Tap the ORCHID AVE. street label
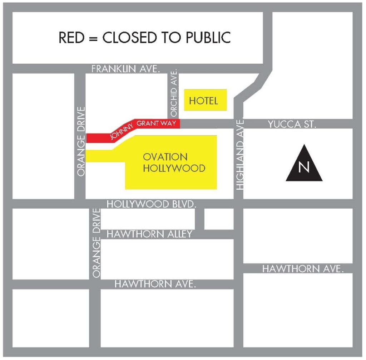click(x=174, y=94)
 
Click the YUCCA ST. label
click(x=292, y=125)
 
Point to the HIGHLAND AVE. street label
click(x=240, y=154)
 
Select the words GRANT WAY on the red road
click(x=157, y=123)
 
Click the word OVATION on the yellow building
click(x=165, y=157)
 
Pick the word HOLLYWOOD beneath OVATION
click(x=174, y=168)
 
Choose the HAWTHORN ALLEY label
click(x=150, y=234)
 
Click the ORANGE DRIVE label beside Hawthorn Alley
click(x=96, y=242)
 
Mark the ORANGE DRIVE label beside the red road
click(x=81, y=141)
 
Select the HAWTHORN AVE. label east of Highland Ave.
click(x=303, y=269)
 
